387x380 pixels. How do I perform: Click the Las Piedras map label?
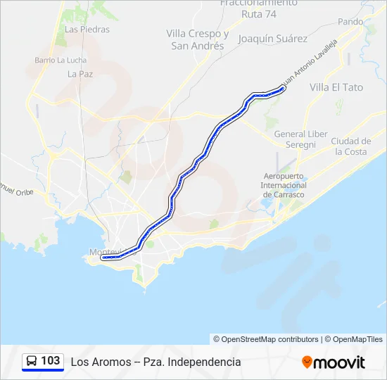click(87, 30)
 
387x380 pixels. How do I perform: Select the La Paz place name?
click(80, 73)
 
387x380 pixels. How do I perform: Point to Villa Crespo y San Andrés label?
click(198, 39)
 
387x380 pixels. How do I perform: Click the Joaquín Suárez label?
click(272, 39)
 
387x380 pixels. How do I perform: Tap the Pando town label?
click(350, 22)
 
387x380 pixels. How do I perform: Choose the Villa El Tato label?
click(336, 87)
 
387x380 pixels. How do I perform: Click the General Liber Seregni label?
click(300, 139)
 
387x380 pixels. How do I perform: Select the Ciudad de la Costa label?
click(350, 146)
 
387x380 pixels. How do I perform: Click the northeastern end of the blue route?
click(282, 89)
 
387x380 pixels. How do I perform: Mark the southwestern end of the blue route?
click(103, 258)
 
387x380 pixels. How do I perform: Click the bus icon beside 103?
click(32, 361)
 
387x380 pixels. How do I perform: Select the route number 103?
click(51, 361)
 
